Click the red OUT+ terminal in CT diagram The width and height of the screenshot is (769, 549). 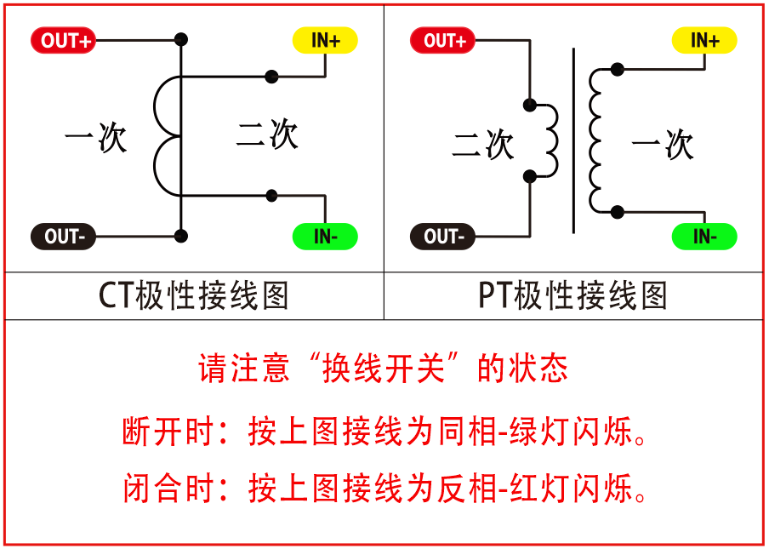coord(64,40)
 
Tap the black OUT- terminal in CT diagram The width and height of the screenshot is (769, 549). coord(64,236)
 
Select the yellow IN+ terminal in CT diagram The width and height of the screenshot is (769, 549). coord(326,40)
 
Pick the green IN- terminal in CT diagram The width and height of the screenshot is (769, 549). coord(326,237)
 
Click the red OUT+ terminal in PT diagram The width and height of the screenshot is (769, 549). coord(444,40)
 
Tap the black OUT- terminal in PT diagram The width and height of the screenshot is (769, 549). coord(444,236)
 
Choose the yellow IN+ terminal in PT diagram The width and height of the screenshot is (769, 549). coord(705,40)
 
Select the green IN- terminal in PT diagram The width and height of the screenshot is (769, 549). coord(705,237)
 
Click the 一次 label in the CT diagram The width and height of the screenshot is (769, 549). coord(95,139)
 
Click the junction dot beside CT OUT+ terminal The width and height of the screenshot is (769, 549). coord(180,40)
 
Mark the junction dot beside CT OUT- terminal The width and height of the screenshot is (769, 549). coord(180,236)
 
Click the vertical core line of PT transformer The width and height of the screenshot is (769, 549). coord(573,140)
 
